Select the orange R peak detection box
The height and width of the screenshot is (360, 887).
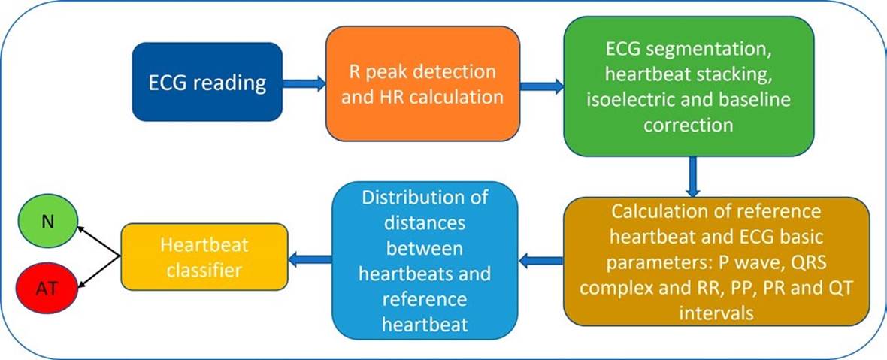click(x=422, y=83)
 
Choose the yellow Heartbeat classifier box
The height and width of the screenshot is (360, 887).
click(x=204, y=257)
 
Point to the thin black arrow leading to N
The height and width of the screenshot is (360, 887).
click(x=98, y=238)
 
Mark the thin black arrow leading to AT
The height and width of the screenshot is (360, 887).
click(x=98, y=274)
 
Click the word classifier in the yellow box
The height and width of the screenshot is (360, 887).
click(x=204, y=268)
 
